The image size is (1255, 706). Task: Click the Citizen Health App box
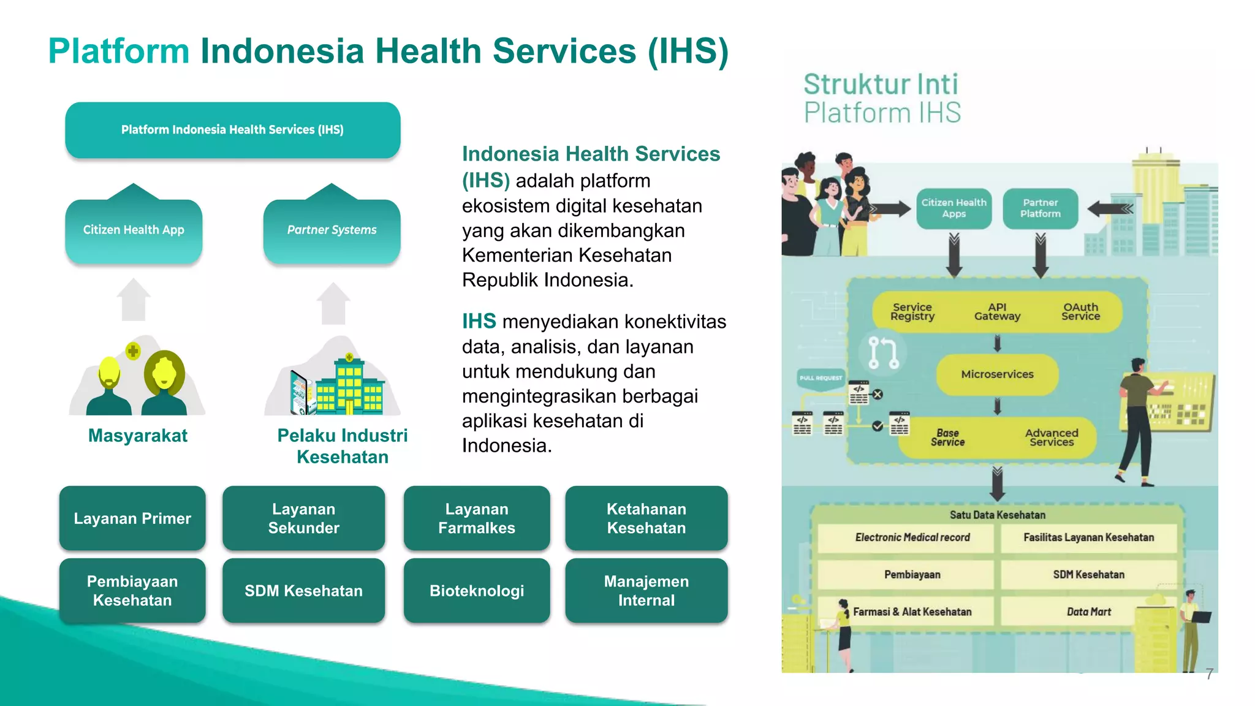[x=134, y=230]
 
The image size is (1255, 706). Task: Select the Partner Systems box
[x=332, y=230]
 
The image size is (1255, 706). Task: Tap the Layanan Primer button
[x=132, y=518]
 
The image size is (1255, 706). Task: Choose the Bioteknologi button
[x=477, y=591]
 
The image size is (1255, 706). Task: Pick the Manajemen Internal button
[x=646, y=591]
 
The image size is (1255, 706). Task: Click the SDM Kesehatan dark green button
[x=303, y=591]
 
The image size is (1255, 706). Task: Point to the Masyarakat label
[x=138, y=436]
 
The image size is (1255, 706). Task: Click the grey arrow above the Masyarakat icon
[x=134, y=300]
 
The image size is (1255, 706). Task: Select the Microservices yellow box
[x=997, y=374]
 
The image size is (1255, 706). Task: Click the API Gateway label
[x=997, y=312]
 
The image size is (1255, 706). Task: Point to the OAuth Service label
[x=1080, y=312]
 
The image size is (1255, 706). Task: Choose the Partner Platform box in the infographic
[x=1040, y=208]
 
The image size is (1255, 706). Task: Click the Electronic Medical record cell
[x=912, y=537]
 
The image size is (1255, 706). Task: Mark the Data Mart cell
[x=1088, y=612]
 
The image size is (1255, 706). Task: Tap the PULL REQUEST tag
[x=821, y=378]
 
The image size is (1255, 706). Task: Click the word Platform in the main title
[x=119, y=51]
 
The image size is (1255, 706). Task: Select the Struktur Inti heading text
[x=881, y=85]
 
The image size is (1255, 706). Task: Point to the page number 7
[x=1209, y=674]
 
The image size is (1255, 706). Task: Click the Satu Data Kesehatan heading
[x=997, y=515]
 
